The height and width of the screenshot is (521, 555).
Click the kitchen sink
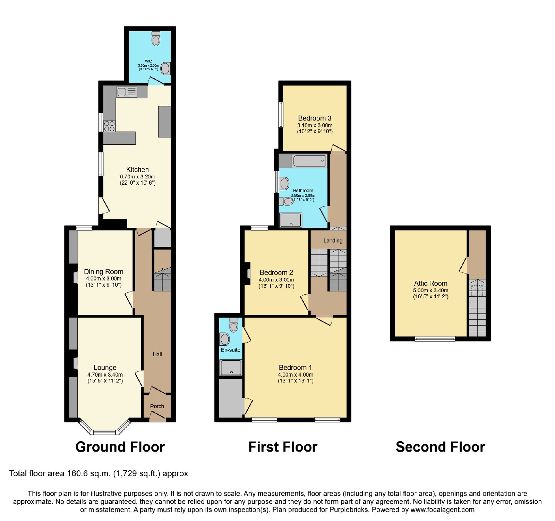(127, 92)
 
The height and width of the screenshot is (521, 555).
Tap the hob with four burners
(109, 126)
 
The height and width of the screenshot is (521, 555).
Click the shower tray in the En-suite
(231, 368)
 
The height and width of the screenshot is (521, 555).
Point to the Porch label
(157, 406)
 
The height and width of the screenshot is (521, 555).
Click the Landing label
(333, 241)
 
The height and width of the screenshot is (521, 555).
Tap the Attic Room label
(431, 283)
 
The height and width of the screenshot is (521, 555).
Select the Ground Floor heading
(120, 447)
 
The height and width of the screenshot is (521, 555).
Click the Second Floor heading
(441, 447)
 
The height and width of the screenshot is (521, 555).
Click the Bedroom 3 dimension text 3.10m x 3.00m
(315, 125)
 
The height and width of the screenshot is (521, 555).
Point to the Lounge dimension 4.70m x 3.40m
(105, 375)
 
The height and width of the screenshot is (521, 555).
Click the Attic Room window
(435, 339)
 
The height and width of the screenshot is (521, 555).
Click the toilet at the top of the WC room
(156, 39)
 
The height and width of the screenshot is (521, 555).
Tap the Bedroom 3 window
(281, 115)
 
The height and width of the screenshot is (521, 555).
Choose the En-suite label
(231, 350)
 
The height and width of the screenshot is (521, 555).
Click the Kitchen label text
(138, 169)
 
